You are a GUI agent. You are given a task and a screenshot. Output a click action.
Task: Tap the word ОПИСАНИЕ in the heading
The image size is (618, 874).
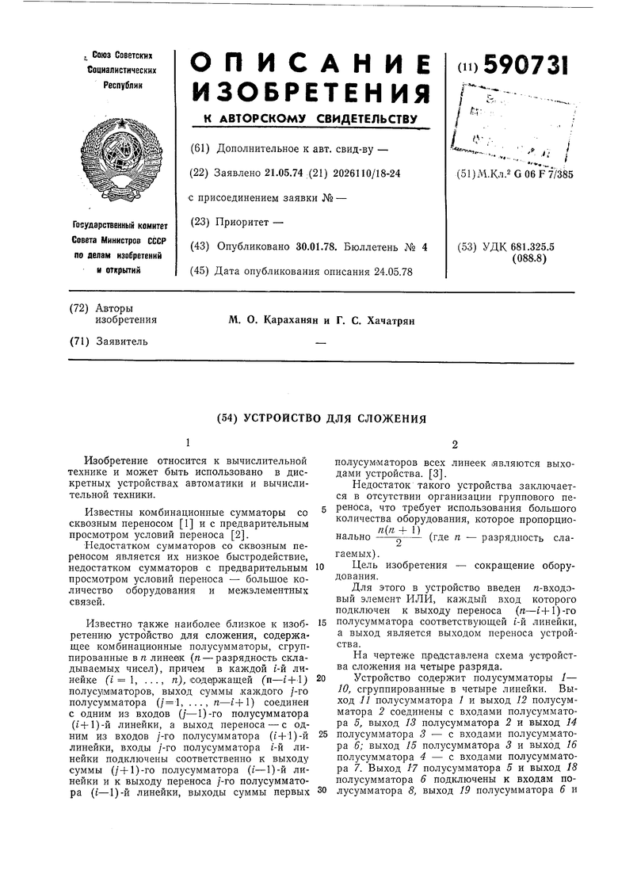pyautogui.click(x=311, y=66)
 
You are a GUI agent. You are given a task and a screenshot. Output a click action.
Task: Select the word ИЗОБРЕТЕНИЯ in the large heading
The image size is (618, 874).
pyautogui.click(x=311, y=94)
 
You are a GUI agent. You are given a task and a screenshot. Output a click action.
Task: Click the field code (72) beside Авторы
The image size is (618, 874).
pyautogui.click(x=78, y=307)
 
